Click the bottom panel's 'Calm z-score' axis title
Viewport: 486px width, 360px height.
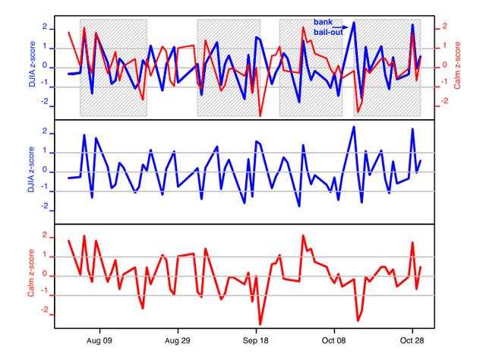click(32, 276)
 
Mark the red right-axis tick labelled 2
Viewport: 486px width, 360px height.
click(446, 27)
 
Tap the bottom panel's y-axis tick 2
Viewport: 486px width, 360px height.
click(46, 236)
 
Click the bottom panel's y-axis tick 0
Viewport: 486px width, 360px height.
click(46, 275)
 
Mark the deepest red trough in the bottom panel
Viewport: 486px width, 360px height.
click(260, 324)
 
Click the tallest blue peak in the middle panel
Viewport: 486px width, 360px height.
click(354, 127)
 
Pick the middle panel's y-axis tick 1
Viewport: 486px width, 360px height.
click(46, 152)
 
